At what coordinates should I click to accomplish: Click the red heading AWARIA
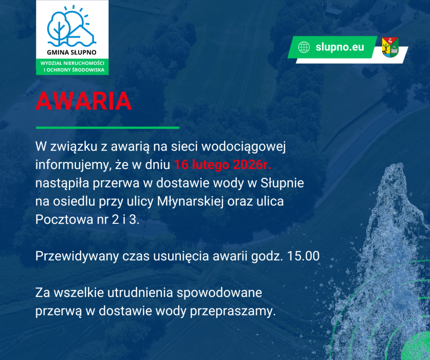(84, 101)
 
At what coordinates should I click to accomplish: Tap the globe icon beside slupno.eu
(304, 47)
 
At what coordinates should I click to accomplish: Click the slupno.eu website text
(340, 47)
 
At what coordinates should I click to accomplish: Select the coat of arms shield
(390, 47)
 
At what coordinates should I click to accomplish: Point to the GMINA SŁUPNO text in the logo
(71, 52)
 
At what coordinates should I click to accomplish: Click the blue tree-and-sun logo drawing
(71, 26)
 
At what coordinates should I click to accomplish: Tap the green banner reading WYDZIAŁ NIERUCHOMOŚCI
(72, 67)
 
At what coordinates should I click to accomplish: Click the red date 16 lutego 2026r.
(223, 164)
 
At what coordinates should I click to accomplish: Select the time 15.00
(303, 256)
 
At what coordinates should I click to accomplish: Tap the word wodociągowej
(244, 147)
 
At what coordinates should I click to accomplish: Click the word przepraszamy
(233, 311)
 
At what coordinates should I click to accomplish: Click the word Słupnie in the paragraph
(282, 183)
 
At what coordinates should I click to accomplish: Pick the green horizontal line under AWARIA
(107, 128)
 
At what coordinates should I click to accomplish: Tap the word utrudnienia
(140, 292)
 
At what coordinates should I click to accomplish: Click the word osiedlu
(74, 201)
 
